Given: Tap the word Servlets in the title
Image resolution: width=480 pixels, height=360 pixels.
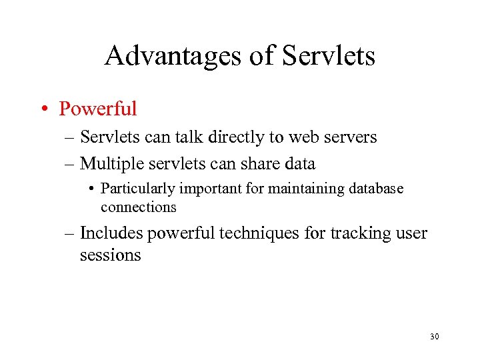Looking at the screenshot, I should click(x=329, y=56).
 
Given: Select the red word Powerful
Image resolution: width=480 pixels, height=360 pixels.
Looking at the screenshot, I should click(x=97, y=108).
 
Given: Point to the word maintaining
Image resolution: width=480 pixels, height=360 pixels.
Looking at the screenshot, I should click(x=303, y=189).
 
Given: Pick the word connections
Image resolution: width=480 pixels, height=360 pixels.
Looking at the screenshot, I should click(x=138, y=207).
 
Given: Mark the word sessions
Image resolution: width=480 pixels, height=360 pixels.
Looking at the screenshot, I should click(x=110, y=255).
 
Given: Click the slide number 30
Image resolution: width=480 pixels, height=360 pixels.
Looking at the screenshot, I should click(x=434, y=337).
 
